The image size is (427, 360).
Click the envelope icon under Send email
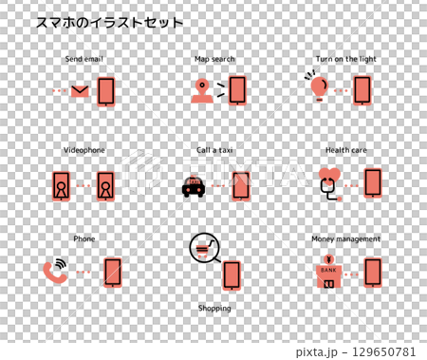click(80, 91)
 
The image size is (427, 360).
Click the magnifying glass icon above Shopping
click(205, 249)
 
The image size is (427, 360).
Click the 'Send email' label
click(84, 59)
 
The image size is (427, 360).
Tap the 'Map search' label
click(214, 59)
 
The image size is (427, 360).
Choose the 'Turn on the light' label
click(346, 59)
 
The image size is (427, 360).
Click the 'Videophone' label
click(84, 150)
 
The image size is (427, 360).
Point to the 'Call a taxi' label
click(214, 150)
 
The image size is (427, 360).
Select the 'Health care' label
click(345, 150)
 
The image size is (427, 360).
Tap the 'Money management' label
click(345, 239)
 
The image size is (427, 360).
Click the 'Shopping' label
click(214, 309)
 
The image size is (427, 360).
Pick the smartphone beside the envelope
click(106, 91)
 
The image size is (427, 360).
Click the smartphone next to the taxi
click(241, 185)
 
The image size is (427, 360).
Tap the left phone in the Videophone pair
click(62, 185)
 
